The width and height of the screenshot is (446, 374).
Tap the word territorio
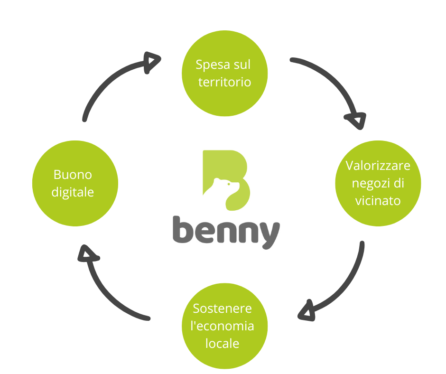point(224,82)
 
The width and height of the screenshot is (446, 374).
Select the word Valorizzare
point(378,166)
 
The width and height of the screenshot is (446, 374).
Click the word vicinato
point(378,200)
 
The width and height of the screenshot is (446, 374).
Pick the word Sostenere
point(222,309)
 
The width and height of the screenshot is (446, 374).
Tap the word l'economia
point(222,326)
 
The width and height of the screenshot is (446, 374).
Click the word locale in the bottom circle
point(222,343)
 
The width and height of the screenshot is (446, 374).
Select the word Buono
point(73,175)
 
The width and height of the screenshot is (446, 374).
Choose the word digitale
point(74,192)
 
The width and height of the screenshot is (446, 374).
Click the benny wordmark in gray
point(226,231)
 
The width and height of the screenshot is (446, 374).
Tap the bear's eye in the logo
point(230,183)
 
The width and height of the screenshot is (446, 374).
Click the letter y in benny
point(268,234)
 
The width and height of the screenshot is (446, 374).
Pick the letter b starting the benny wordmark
point(183,230)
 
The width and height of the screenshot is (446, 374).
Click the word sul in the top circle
point(242,65)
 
